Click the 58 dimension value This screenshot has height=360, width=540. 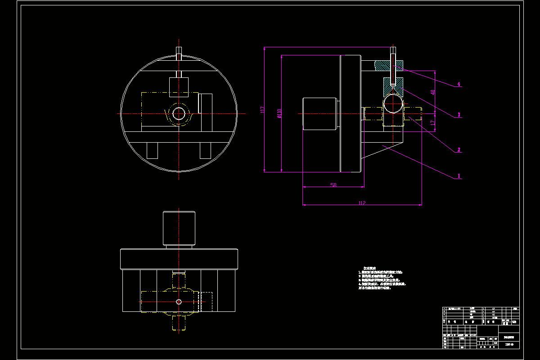333,185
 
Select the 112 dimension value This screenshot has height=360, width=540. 362,203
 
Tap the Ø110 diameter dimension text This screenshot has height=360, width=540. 279,113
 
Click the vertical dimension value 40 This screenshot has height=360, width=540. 433,92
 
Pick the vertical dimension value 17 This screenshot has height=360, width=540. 433,122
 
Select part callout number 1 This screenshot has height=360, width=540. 459,176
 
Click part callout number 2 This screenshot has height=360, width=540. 459,150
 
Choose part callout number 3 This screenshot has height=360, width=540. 459,115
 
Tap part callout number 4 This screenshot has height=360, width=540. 459,84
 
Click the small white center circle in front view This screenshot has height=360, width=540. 179,113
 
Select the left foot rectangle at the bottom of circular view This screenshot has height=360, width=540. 153,150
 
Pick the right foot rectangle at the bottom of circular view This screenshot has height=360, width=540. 206,150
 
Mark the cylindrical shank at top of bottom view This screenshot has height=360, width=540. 179,228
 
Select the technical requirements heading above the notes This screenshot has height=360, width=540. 369,268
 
